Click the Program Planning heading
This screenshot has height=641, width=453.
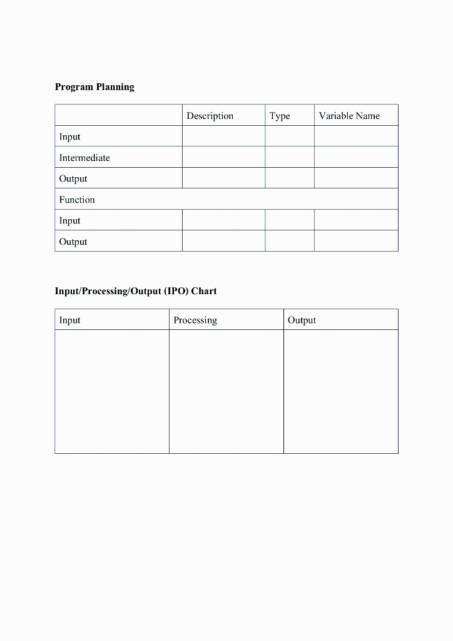pyautogui.click(x=94, y=87)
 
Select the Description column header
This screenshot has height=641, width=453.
pyautogui.click(x=210, y=116)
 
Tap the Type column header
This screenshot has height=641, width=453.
pyautogui.click(x=280, y=116)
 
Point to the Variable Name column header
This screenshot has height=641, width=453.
pyautogui.click(x=349, y=116)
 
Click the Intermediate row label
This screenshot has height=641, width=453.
pyautogui.click(x=84, y=158)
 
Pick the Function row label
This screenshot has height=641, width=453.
pyautogui.click(x=77, y=200)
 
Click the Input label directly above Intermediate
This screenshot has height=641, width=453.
pyautogui.click(x=70, y=137)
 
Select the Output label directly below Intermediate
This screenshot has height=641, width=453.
pyautogui.click(x=73, y=179)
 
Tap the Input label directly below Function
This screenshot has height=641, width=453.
pyautogui.click(x=70, y=221)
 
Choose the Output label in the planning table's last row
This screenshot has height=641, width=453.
pyautogui.click(x=73, y=242)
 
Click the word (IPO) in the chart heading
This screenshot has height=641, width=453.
pyautogui.click(x=177, y=291)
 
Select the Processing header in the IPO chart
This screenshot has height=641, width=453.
pyautogui.click(x=195, y=320)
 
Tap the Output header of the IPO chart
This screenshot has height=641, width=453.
pyautogui.click(x=302, y=320)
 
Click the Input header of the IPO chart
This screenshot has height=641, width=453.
pyautogui.click(x=70, y=320)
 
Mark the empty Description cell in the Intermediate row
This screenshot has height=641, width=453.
pyautogui.click(x=223, y=157)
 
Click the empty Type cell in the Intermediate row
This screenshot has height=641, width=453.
pyautogui.click(x=290, y=157)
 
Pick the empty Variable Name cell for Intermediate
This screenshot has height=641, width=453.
pyautogui.click(x=356, y=157)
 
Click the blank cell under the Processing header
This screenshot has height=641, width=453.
pyautogui.click(x=226, y=391)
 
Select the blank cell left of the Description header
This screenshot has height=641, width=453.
pyautogui.click(x=118, y=115)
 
